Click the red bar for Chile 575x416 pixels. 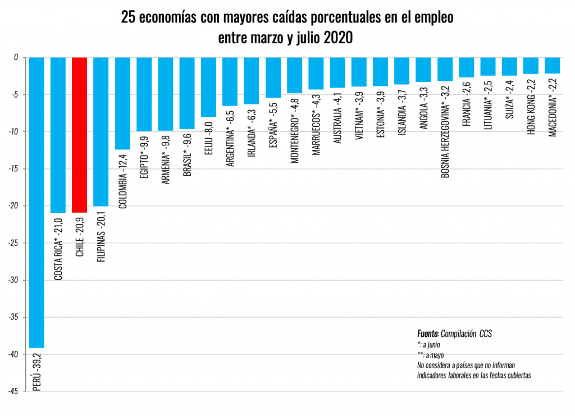click(x=80, y=135)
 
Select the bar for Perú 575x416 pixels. click(x=36, y=202)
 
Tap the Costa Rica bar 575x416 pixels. click(x=58, y=135)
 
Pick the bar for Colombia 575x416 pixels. click(x=122, y=103)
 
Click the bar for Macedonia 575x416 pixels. click(x=552, y=65)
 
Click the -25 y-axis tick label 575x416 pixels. click(x=13, y=243)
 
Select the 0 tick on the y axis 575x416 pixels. click(x=16, y=57)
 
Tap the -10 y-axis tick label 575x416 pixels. click(x=13, y=131)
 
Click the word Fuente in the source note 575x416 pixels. click(x=428, y=333)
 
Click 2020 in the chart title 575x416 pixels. click(x=337, y=38)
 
